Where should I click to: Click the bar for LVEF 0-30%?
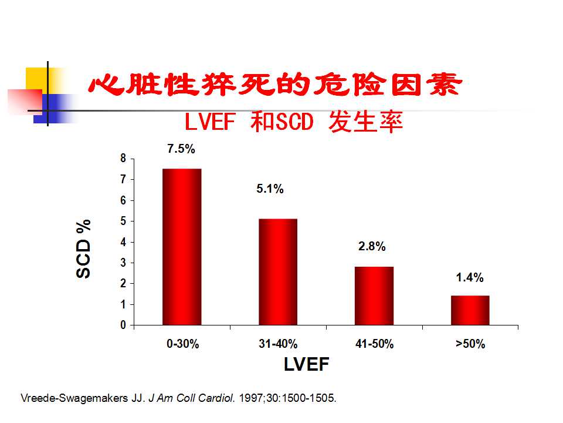(182, 247)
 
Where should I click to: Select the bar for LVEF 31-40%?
(278, 271)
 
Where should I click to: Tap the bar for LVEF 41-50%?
(374, 296)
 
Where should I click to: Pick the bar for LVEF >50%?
(470, 310)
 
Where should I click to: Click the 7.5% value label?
(181, 149)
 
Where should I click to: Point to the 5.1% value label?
(270, 189)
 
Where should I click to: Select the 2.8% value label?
(372, 247)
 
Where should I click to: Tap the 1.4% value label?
(470, 277)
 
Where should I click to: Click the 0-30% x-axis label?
(183, 344)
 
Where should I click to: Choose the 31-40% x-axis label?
(278, 344)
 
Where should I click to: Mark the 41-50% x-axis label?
(374, 344)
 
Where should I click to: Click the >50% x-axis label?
(470, 344)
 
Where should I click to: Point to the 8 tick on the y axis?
(123, 158)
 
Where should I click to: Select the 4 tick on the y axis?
(123, 242)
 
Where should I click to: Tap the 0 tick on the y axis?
(123, 325)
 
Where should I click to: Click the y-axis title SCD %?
(84, 249)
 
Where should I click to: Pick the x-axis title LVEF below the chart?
(307, 365)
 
